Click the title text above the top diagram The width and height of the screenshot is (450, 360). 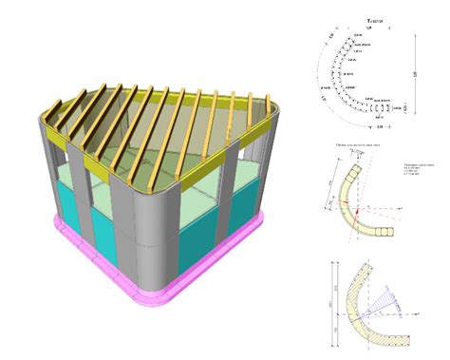pos(372,21)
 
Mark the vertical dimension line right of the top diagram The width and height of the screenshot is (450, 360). pos(415,74)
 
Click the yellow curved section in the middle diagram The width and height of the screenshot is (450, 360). pos(347,190)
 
